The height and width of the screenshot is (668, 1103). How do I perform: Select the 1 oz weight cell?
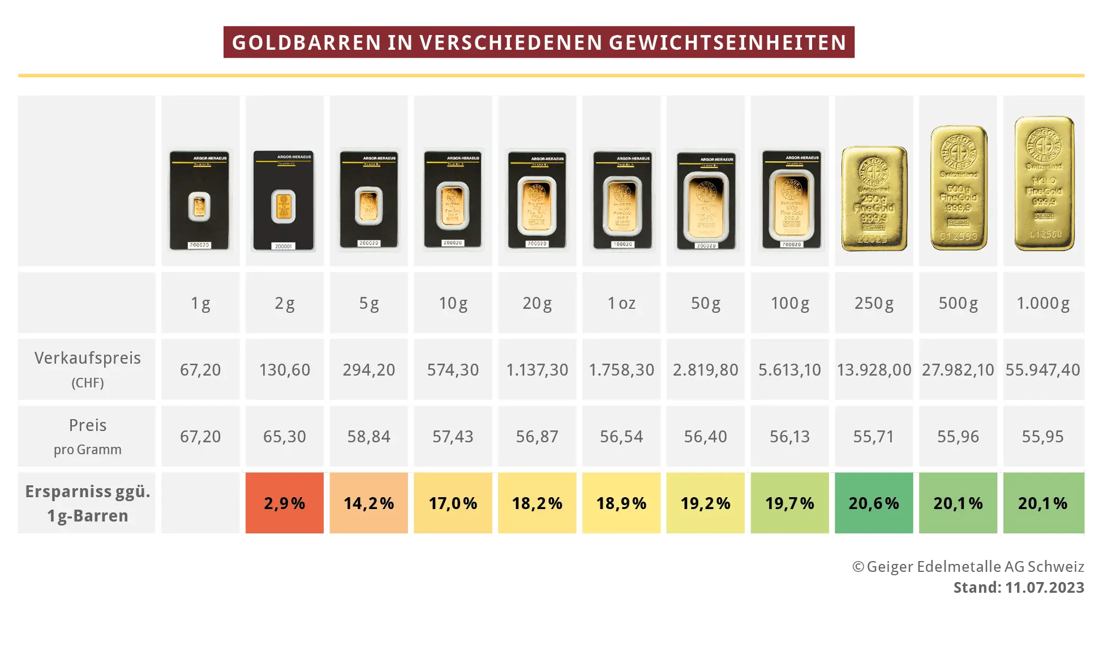(621, 303)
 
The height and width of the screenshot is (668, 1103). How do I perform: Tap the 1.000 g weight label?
(1042, 303)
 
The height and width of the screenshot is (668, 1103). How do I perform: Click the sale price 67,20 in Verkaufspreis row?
(200, 370)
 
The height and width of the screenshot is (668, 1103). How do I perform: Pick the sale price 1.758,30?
(621, 370)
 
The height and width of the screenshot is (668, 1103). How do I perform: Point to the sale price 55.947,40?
(1042, 370)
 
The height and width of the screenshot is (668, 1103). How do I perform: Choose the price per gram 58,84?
(368, 437)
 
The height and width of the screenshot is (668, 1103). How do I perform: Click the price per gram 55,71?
(873, 437)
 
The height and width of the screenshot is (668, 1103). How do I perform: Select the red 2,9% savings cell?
(284, 503)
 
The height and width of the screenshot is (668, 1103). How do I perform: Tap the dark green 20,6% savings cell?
(873, 503)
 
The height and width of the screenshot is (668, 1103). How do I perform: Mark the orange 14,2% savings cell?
(368, 503)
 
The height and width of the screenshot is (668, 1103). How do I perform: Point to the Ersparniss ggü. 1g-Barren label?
(87, 503)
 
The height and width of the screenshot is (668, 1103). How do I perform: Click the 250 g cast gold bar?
(874, 198)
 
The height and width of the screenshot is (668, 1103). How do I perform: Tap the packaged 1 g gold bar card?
(199, 200)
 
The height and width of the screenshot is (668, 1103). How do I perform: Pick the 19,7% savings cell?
(789, 503)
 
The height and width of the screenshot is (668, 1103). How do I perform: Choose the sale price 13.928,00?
(873, 370)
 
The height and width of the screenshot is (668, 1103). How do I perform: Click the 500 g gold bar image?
(959, 188)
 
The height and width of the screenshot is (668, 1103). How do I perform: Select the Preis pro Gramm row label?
(87, 436)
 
